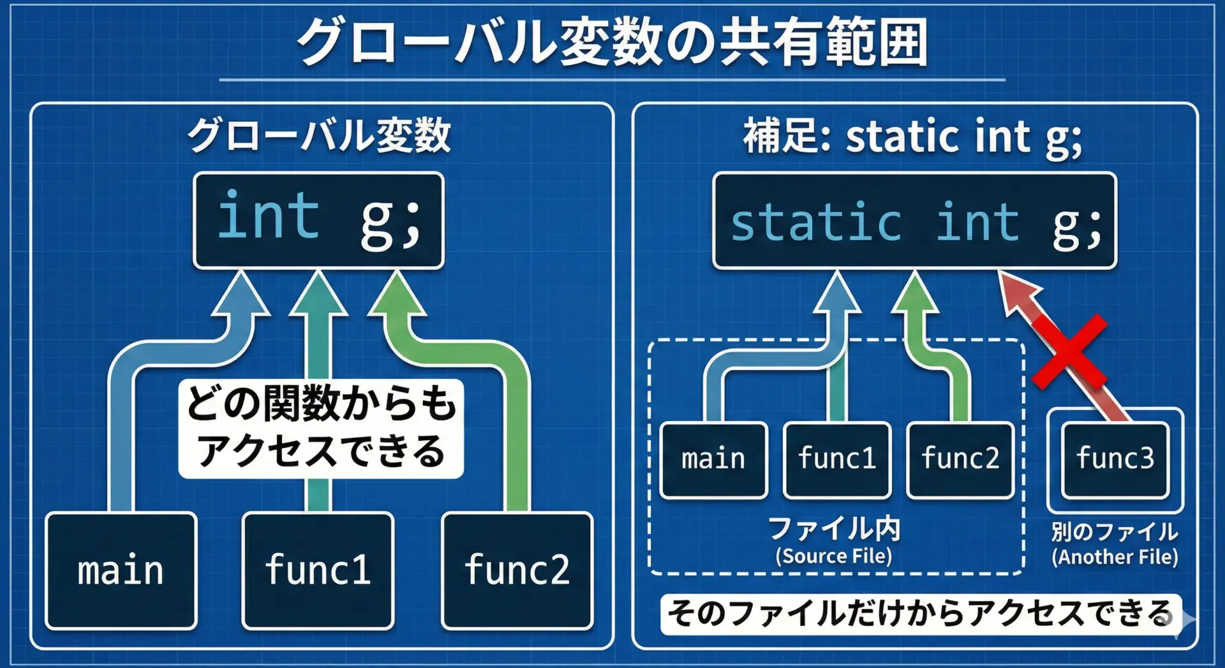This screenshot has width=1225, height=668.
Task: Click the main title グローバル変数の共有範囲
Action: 612,41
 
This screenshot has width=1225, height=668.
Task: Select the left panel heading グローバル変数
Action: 319,135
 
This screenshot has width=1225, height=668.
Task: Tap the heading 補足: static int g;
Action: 913,137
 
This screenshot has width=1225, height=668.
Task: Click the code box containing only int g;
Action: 319,220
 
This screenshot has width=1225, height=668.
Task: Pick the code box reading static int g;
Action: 915,221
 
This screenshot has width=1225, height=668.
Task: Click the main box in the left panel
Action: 121,570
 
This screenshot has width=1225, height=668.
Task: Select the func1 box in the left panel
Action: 318,570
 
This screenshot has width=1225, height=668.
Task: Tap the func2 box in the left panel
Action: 517,570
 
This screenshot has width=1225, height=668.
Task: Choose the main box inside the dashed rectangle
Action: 713,459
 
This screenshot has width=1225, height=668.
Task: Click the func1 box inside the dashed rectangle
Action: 837,459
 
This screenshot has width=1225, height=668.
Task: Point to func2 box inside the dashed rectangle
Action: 960,459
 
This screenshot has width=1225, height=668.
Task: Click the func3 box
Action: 1115,459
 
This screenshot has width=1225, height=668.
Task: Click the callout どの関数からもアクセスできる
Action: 321,428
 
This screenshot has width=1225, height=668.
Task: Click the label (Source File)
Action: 834,556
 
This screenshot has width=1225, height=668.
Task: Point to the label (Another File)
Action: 1115,557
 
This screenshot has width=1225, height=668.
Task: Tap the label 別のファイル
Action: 1115,531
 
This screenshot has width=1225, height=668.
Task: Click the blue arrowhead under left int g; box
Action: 241,293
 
